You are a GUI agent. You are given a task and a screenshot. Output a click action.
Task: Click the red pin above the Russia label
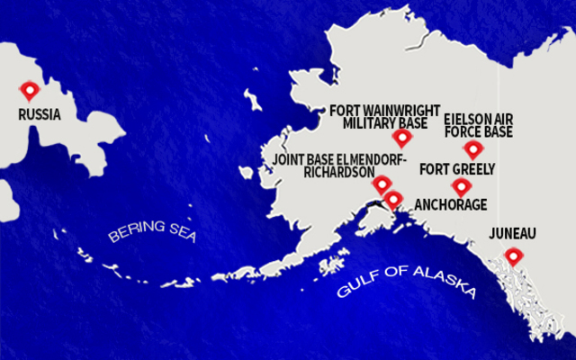pos(31,90)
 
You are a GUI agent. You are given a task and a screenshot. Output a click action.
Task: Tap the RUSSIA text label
pos(40,115)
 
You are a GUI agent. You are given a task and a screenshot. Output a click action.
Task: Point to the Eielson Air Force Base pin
pos(473,149)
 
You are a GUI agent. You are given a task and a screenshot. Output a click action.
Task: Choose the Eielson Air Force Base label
pos(479,125)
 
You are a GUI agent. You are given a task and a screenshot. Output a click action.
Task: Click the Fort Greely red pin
pos(462,186)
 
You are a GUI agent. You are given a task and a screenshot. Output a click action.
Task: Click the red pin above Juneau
pos(513,256)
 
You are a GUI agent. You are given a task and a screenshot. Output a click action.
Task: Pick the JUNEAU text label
pos(512,234)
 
